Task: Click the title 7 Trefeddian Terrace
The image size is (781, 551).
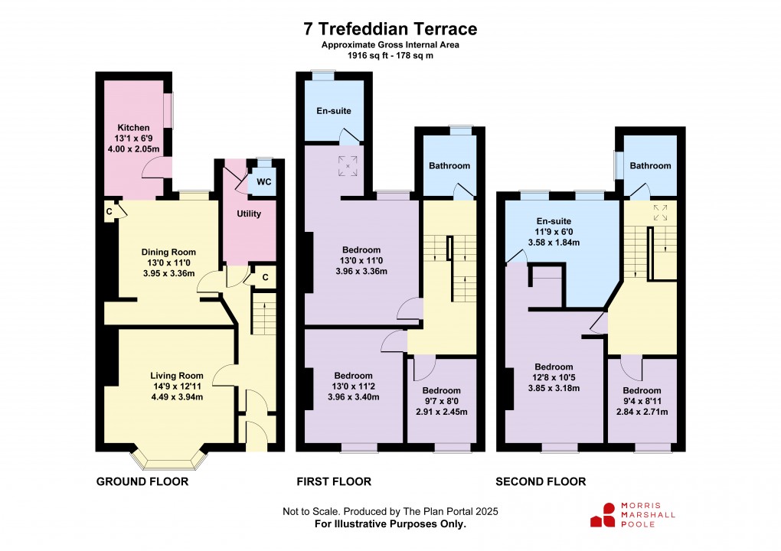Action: pos(390,29)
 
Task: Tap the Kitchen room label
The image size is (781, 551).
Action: pos(133,128)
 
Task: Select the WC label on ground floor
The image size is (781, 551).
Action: pos(264,181)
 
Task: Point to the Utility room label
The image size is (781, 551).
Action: pos(249,214)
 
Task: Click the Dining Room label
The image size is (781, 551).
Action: pos(168,252)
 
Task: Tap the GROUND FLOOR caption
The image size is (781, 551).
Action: pos(142,481)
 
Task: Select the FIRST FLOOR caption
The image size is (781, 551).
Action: pos(334,481)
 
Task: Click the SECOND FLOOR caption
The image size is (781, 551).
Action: pos(541,481)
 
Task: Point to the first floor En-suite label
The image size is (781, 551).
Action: pos(334,110)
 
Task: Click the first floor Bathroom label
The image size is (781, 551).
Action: pos(449,166)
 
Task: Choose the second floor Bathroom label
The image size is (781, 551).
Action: pos(650,166)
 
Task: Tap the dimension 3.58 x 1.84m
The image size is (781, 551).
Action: pos(554,243)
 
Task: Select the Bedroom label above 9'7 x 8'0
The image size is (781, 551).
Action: pos(441,391)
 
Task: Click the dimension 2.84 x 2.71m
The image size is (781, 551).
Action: pos(642,412)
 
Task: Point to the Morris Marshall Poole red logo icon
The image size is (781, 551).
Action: pos(603,515)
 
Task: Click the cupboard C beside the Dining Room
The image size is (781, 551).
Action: pos(109,212)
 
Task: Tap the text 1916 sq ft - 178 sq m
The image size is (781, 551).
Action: pos(390,55)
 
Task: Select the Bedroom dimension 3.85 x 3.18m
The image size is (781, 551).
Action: pos(554,388)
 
